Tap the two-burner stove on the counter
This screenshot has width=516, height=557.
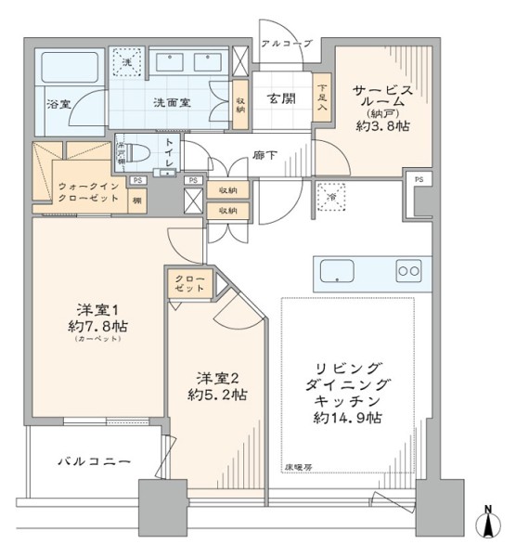click(x=407, y=271)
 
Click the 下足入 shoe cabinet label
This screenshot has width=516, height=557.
click(x=321, y=97)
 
